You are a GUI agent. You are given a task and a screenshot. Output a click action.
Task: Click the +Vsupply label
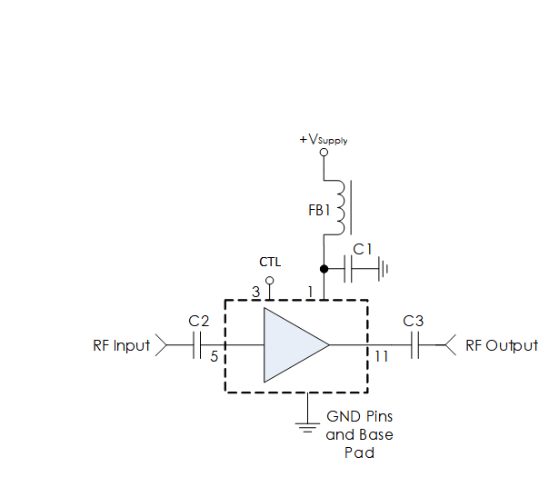[324, 140]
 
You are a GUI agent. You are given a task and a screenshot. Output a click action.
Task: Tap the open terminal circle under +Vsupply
[324, 152]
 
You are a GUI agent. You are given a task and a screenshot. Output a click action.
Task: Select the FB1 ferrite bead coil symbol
[340, 207]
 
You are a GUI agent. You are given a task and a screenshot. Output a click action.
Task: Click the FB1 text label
[319, 210]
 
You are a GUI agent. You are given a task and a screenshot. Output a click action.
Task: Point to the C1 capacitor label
[363, 249]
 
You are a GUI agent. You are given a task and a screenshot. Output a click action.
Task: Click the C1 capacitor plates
[348, 269]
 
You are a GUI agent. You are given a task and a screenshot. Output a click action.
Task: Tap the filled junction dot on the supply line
[324, 269]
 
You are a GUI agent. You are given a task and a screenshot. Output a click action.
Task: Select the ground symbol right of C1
[383, 269]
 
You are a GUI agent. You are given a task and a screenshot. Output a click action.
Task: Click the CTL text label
[270, 263]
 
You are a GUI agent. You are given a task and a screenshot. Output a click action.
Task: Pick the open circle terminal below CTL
[270, 281]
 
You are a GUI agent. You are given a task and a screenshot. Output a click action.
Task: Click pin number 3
[255, 293]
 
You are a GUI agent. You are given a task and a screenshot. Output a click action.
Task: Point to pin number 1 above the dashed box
[311, 293]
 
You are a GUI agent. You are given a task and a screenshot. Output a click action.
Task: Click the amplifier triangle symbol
[296, 344]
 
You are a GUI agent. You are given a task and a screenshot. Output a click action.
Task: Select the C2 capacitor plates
[196, 344]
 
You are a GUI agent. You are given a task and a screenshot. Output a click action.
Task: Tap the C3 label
[413, 321]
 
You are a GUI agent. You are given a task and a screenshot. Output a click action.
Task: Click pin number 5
[215, 356]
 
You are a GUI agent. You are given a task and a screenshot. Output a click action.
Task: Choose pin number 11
[382, 356]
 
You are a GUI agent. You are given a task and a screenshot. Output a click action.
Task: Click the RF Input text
[122, 346]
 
